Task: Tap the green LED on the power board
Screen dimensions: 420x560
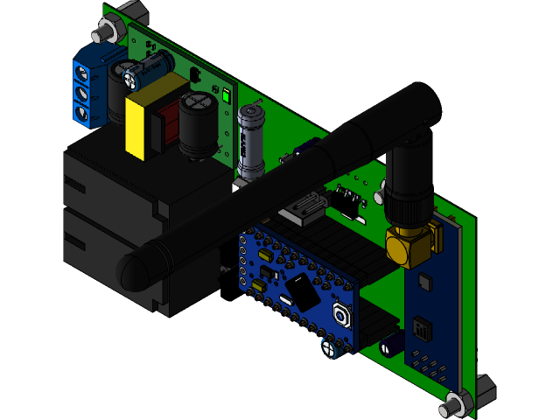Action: coord(226,97)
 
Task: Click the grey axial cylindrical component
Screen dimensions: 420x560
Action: coord(251,141)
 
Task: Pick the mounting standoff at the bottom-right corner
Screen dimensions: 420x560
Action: coord(456,404)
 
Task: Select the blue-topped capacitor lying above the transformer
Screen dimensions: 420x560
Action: coord(153,69)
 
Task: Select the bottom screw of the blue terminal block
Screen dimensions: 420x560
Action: coord(86,112)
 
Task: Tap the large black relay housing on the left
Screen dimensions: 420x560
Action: coord(114,210)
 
